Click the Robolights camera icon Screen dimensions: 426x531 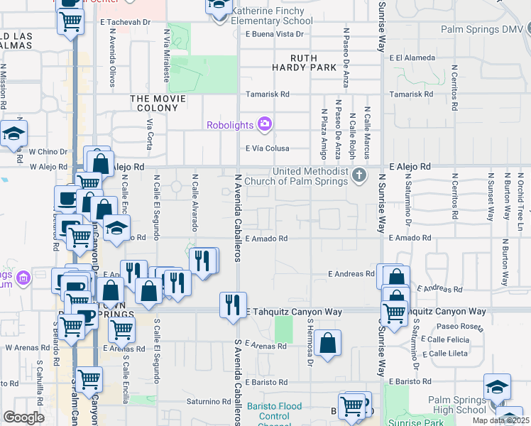pos(265,125)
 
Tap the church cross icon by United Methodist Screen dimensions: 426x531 pos(360,175)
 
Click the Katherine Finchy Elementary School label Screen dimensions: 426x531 pos(271,16)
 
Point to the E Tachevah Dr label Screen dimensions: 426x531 pos(128,22)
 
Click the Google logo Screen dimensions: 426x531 pos(23,417)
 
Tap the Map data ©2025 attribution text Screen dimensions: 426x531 pos(500,420)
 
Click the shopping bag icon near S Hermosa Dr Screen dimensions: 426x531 pos(329,344)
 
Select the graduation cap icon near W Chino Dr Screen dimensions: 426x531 pos(13,133)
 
